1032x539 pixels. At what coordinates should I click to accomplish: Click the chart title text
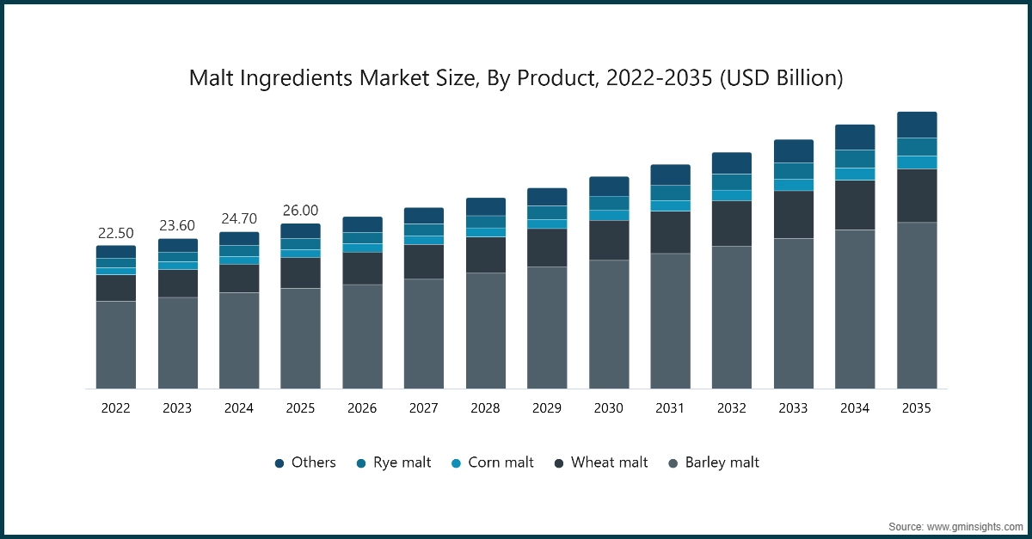516,78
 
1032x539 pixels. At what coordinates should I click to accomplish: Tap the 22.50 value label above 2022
115,233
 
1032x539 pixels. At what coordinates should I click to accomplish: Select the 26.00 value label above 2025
300,211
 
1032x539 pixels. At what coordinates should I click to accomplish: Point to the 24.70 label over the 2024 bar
239,218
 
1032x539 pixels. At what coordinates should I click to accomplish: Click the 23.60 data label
177,225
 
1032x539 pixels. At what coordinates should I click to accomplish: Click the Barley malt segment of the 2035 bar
917,305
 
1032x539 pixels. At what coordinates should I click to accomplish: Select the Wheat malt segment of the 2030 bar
609,240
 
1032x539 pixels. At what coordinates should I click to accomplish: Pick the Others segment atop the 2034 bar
855,137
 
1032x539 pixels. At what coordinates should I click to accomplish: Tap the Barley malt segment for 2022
115,344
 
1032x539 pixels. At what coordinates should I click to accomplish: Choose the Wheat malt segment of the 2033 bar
793,214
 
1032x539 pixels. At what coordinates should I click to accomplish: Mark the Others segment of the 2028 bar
486,206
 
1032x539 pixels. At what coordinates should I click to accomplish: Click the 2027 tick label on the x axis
424,408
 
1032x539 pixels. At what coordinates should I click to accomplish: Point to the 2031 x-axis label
670,408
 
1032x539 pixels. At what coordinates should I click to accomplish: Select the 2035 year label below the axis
917,408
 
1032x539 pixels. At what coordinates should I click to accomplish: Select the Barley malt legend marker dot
674,463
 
